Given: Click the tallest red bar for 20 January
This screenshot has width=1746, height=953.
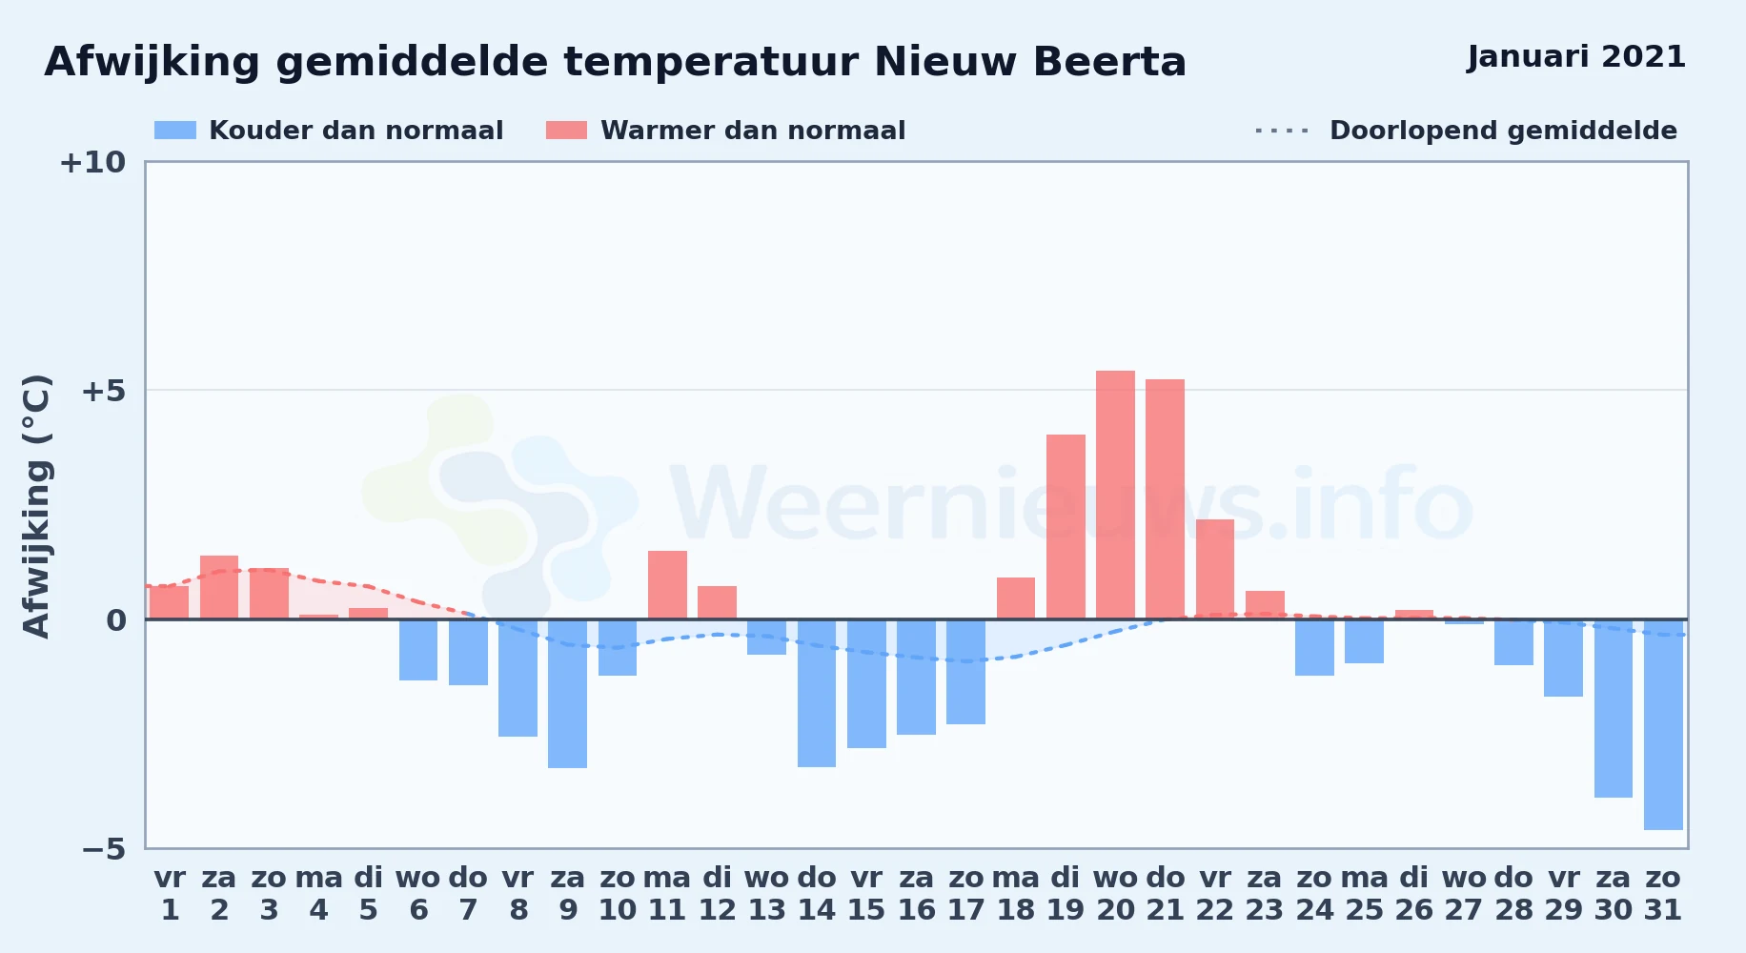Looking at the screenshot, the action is click(x=1115, y=495).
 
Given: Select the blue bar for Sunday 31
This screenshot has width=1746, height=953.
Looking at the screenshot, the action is click(x=1663, y=724).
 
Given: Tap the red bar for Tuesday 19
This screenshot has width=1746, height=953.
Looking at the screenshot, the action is click(x=1066, y=527).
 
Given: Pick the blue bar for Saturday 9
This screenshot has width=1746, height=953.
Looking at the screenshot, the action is click(x=568, y=694).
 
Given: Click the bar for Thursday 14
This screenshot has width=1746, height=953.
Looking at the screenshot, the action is click(x=817, y=693).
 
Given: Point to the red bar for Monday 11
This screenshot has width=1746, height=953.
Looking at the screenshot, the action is click(x=667, y=585).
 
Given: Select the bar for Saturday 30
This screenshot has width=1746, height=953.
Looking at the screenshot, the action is click(x=1614, y=708).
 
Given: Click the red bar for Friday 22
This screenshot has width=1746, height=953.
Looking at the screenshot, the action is click(x=1215, y=569).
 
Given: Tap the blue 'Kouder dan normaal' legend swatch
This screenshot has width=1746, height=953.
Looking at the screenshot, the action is click(x=175, y=131).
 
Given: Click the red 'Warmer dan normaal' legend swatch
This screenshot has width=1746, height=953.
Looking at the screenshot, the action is click(x=566, y=131).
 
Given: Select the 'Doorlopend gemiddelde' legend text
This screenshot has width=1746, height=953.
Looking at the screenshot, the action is click(x=1503, y=131).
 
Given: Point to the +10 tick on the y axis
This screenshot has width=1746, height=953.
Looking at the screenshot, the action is click(x=92, y=163).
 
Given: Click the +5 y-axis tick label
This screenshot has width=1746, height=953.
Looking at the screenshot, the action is click(x=103, y=391).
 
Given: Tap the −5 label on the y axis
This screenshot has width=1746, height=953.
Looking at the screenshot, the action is click(x=103, y=849).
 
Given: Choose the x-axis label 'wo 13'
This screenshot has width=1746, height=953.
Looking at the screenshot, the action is click(x=767, y=894).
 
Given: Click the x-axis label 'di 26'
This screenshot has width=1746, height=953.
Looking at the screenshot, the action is click(x=1414, y=894).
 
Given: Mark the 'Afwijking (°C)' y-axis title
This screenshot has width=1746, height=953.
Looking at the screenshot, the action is click(x=36, y=506).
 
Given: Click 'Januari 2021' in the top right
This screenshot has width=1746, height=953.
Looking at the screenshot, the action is click(x=1576, y=57).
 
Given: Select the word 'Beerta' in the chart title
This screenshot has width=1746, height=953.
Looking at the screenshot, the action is click(x=1109, y=62).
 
